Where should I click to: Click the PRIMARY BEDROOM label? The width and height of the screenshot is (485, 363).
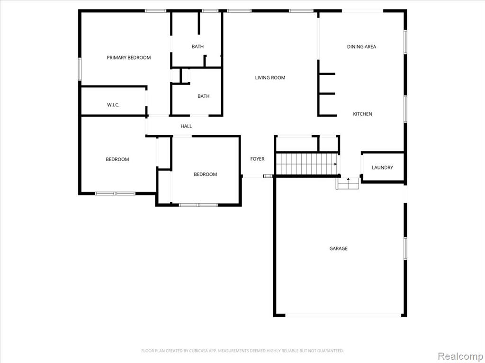pos(129,57)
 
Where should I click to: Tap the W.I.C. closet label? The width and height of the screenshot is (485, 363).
pos(113,105)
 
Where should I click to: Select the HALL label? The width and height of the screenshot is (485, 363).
pos(186,126)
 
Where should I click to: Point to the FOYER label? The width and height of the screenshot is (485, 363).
pos(257,159)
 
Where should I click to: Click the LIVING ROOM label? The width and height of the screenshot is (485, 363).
pos(270,78)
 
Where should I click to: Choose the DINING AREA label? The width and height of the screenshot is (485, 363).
pos(361,47)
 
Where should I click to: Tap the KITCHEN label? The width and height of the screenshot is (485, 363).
pos(362,114)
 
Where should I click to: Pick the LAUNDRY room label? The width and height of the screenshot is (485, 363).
pos(382,167)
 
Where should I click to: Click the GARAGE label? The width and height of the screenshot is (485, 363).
pos(338,248)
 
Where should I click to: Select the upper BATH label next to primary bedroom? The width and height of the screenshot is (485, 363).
pos(198,47)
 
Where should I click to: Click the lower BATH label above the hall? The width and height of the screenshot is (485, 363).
pos(204,96)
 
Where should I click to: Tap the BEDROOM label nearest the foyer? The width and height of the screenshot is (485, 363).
pos(206,174)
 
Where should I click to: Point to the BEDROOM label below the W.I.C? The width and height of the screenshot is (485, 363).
pos(117,159)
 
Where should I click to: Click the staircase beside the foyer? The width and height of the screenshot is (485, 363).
pos(307,164)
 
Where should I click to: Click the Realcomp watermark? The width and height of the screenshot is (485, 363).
pos(460,356)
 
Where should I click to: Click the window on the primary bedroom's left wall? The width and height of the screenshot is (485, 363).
pos(80,69)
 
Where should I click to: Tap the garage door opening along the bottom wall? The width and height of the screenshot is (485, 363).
pos(343,315)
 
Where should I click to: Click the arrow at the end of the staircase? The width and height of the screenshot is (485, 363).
pos(336,164)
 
